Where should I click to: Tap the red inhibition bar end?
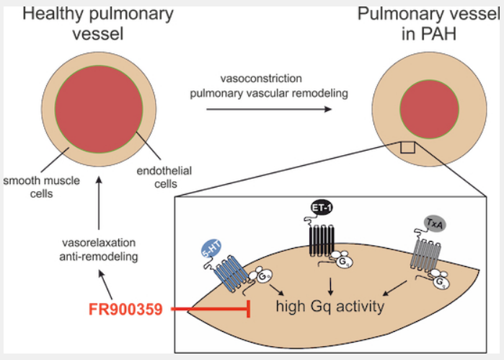click(249, 311)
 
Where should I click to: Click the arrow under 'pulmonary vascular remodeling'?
click(269, 109)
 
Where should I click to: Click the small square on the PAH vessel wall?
click(407, 147)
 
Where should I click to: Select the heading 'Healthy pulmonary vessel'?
click(94, 24)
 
